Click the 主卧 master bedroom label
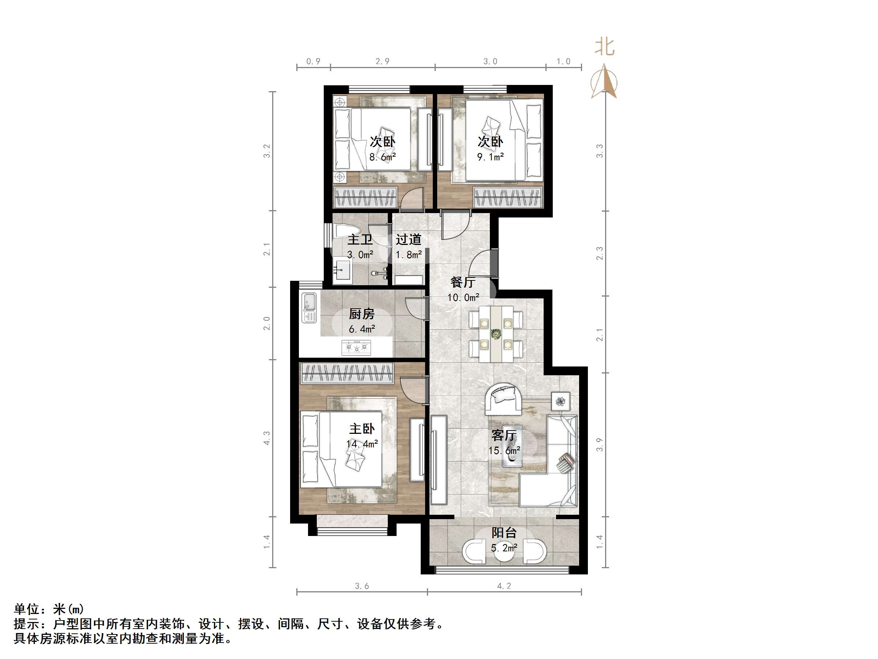(x=361, y=429)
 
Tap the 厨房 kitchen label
(x=361, y=314)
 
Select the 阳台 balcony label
(x=504, y=532)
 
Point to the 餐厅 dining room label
(x=463, y=282)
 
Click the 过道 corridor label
(x=408, y=239)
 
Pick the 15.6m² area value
(x=504, y=450)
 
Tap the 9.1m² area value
(x=490, y=157)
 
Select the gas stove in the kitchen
(x=356, y=347)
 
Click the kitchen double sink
(x=309, y=308)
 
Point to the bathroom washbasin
(x=342, y=271)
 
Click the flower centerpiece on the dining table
(x=495, y=334)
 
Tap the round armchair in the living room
(x=503, y=398)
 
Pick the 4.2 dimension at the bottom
(x=504, y=585)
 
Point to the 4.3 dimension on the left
(x=267, y=438)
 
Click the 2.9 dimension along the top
(x=382, y=61)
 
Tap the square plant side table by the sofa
(x=560, y=401)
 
